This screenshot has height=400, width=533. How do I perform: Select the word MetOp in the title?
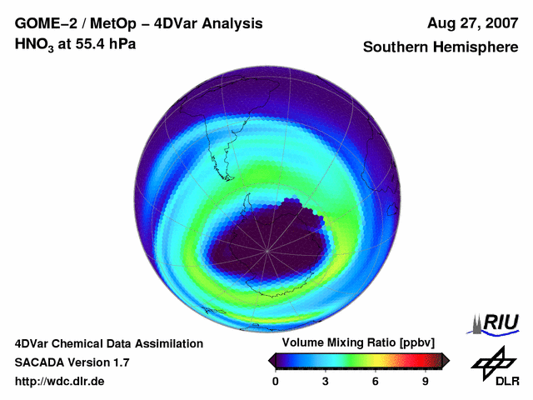pyautogui.click(x=110, y=23)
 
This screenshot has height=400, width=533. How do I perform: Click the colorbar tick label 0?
pyautogui.click(x=276, y=381)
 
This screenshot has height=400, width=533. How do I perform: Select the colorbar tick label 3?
pyautogui.click(x=326, y=381)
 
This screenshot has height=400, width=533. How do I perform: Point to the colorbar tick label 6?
pyautogui.click(x=376, y=381)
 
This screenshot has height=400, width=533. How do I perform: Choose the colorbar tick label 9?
pyautogui.click(x=426, y=381)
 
